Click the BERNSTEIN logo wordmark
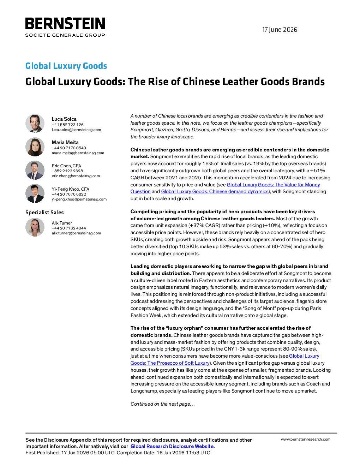[x=65, y=23]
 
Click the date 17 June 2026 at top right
[x=280, y=30]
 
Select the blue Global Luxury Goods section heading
[x=66, y=66]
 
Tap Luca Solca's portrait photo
[x=35, y=123]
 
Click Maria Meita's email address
[x=78, y=153]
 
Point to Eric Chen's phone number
[x=67, y=171]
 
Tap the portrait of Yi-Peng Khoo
[x=35, y=193]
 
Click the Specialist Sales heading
[x=44, y=212]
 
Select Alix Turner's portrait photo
[x=35, y=227]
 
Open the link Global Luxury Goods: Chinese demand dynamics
[x=215, y=191]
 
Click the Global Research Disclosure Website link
[x=172, y=446]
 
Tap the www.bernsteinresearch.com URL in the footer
[x=306, y=440]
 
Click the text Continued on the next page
[x=162, y=404]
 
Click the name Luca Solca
[x=64, y=119]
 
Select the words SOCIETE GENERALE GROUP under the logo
[x=65, y=35]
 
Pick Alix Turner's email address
[x=76, y=233]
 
